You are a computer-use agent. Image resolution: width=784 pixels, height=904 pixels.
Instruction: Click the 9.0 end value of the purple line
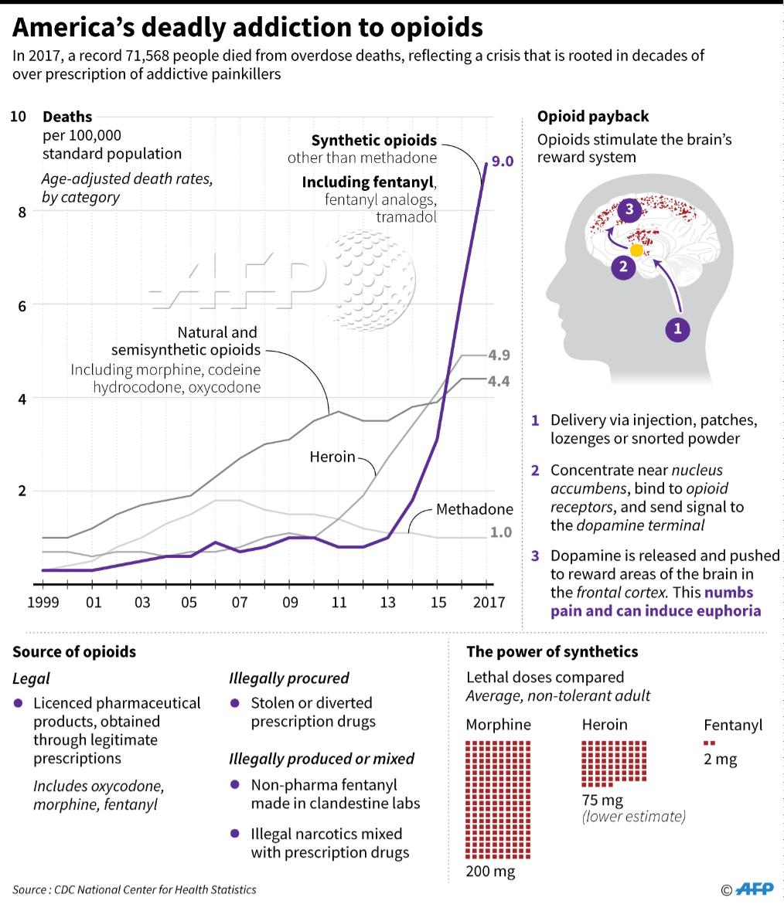coord(503,161)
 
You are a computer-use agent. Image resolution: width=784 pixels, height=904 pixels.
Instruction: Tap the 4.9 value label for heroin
coord(500,355)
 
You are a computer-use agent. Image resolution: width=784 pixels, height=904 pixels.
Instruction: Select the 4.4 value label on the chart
coord(500,381)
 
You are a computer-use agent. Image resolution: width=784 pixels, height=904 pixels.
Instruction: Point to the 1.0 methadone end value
coord(501,532)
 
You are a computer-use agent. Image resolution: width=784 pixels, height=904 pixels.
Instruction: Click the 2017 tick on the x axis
coord(487,603)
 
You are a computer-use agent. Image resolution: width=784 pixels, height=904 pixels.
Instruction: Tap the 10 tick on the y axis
coord(19,117)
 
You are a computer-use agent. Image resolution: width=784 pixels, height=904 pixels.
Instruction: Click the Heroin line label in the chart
coord(332,457)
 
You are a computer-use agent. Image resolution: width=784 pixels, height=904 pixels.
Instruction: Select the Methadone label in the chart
coord(475,509)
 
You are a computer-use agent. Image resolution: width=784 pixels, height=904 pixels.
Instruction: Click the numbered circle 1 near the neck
coord(678,329)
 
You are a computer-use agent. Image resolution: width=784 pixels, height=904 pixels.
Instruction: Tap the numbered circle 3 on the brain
coord(629,209)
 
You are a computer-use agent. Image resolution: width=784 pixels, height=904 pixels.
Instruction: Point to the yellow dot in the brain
coord(636,250)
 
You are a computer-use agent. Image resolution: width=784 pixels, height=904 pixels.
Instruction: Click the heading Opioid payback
coord(593,117)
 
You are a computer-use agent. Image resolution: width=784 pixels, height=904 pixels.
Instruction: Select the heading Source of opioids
coord(74,651)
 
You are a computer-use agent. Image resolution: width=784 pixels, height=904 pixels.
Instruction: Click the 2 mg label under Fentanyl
coord(721,759)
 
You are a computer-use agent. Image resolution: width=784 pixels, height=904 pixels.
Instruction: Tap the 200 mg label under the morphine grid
coord(490,872)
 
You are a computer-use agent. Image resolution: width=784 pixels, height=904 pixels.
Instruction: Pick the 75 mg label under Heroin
coord(602,800)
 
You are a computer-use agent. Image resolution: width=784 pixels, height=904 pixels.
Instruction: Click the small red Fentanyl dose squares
coord(709,743)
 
